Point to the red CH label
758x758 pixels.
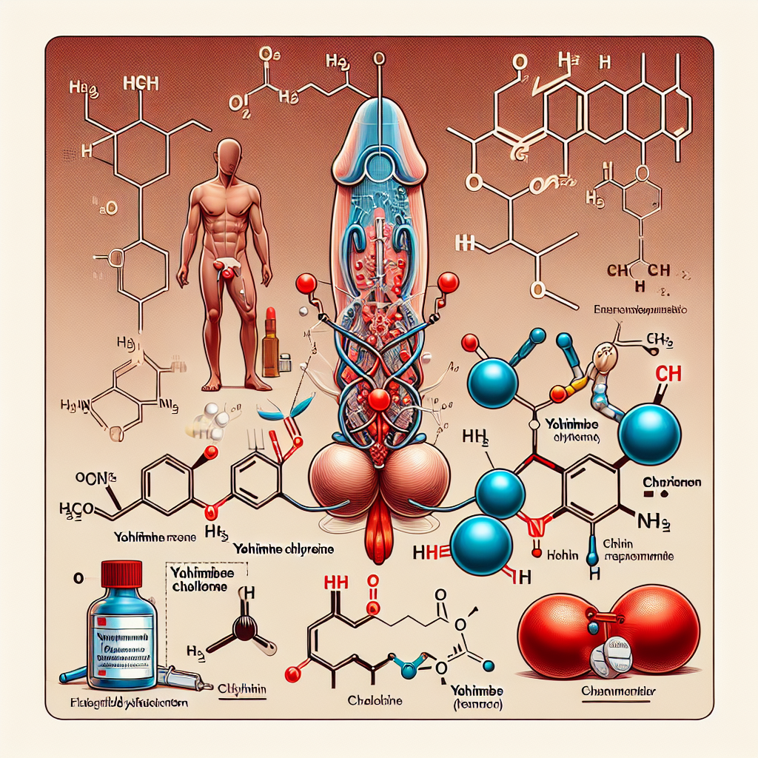(x=668, y=375)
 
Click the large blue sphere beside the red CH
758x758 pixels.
(x=650, y=436)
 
